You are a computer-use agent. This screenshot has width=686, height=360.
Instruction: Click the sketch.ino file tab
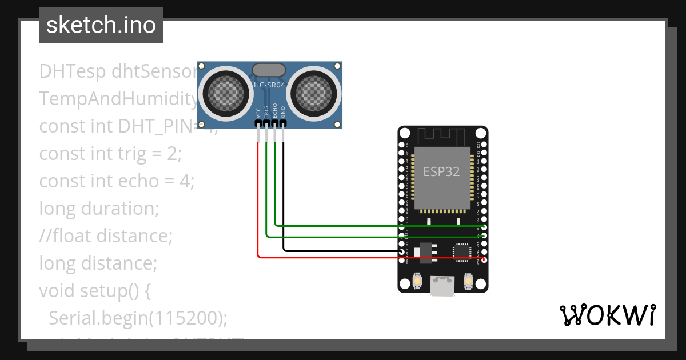tap(101, 25)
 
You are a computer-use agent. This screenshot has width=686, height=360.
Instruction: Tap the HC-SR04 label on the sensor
tap(269, 86)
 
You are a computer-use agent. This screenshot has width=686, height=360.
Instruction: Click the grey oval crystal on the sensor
tap(269, 70)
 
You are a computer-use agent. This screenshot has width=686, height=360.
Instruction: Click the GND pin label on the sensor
tap(283, 112)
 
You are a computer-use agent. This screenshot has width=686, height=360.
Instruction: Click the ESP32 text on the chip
tap(441, 171)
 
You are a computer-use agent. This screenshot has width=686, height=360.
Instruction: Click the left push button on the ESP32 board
tap(418, 281)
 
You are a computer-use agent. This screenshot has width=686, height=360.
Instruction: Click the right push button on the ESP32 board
tap(468, 281)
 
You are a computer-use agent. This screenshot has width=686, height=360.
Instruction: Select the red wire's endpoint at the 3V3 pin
tap(484, 259)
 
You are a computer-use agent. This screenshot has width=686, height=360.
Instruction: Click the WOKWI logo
tap(607, 315)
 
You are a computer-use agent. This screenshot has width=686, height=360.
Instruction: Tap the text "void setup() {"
tap(95, 290)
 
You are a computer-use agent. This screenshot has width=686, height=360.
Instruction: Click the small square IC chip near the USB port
tap(461, 251)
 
